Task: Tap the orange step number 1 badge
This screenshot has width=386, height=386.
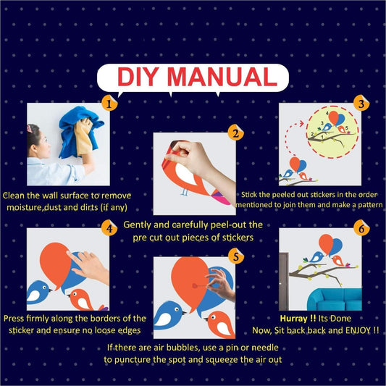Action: pos(109,103)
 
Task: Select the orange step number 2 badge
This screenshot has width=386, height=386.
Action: pos(236,133)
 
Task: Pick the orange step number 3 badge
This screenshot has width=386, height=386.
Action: pos(361,103)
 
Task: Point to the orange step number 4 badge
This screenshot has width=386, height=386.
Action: pos(109,228)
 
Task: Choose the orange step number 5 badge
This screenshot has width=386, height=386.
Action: pos(236,256)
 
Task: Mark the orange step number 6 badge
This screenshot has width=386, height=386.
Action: pos(361,228)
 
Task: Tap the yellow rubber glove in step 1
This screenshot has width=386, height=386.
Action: pos(84,136)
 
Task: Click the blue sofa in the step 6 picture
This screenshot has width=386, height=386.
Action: pos(335,299)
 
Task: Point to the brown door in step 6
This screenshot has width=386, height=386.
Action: pos(284,281)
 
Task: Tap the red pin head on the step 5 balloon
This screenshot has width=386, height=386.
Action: pos(195,285)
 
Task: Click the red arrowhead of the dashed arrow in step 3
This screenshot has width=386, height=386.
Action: pos(301,123)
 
